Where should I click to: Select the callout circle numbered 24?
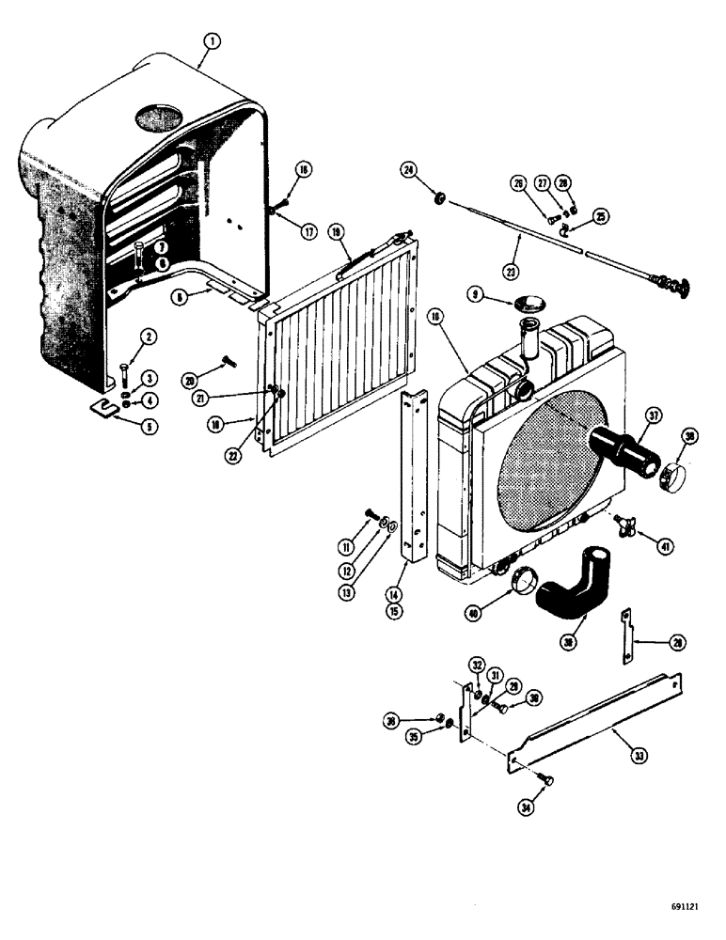point(407,170)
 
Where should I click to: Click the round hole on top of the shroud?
point(160,117)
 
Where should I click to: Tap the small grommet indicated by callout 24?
point(437,198)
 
